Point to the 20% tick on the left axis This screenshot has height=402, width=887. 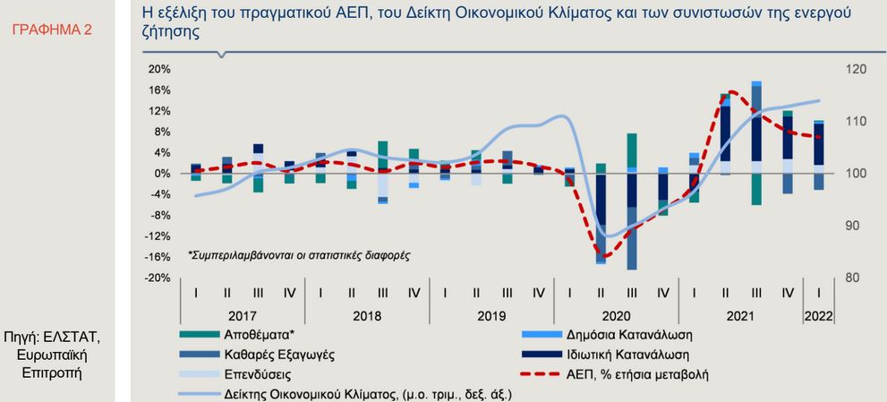point(158,69)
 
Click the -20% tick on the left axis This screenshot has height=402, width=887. point(158,278)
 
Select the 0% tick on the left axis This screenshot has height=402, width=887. point(161,173)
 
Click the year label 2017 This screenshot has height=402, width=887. point(242,316)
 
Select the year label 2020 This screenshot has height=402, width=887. point(616,316)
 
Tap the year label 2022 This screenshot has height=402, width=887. point(819,316)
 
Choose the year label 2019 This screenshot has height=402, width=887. point(491,316)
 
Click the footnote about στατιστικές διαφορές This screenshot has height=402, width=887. point(298,255)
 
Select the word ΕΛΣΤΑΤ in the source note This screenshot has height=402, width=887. point(77,337)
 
